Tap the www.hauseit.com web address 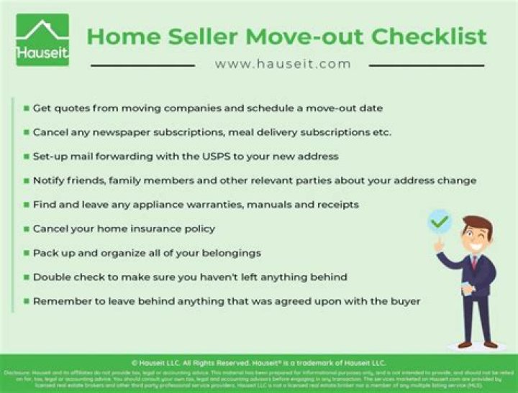[x=283, y=64]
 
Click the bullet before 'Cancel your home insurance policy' [x=26, y=229]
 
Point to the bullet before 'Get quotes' [x=26, y=108]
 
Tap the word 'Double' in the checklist [x=53, y=277]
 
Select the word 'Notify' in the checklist [x=50, y=180]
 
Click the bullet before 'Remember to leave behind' [x=26, y=301]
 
